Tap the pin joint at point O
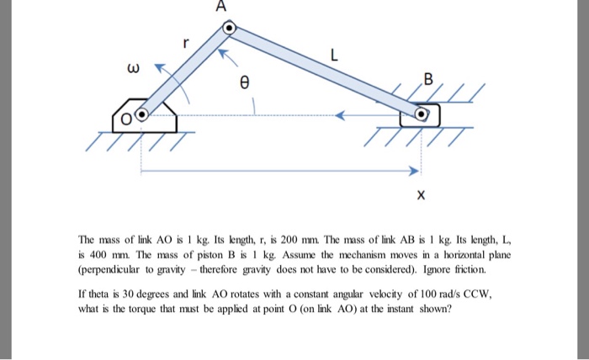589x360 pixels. click(x=141, y=114)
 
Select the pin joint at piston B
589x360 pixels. click(x=423, y=113)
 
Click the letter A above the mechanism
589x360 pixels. click(x=221, y=8)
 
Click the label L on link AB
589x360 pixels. click(x=334, y=57)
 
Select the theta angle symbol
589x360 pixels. click(x=246, y=83)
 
